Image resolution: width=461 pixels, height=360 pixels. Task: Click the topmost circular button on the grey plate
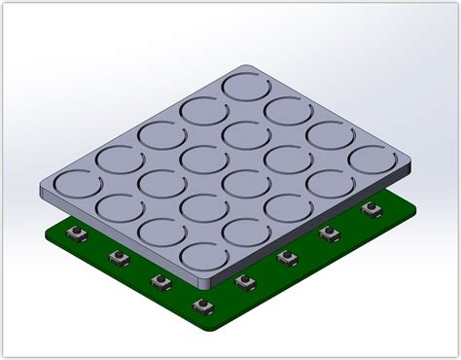coord(248,86)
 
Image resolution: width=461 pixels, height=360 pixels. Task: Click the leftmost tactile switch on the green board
coord(74,235)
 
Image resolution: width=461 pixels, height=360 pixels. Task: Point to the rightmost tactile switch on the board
coord(369,209)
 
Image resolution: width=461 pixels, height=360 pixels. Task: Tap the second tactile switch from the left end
coord(119,258)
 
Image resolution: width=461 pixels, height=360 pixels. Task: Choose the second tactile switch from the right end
coord(328,234)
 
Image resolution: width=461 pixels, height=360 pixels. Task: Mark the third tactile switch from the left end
coord(160,281)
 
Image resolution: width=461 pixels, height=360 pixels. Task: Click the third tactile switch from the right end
coord(286,257)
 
